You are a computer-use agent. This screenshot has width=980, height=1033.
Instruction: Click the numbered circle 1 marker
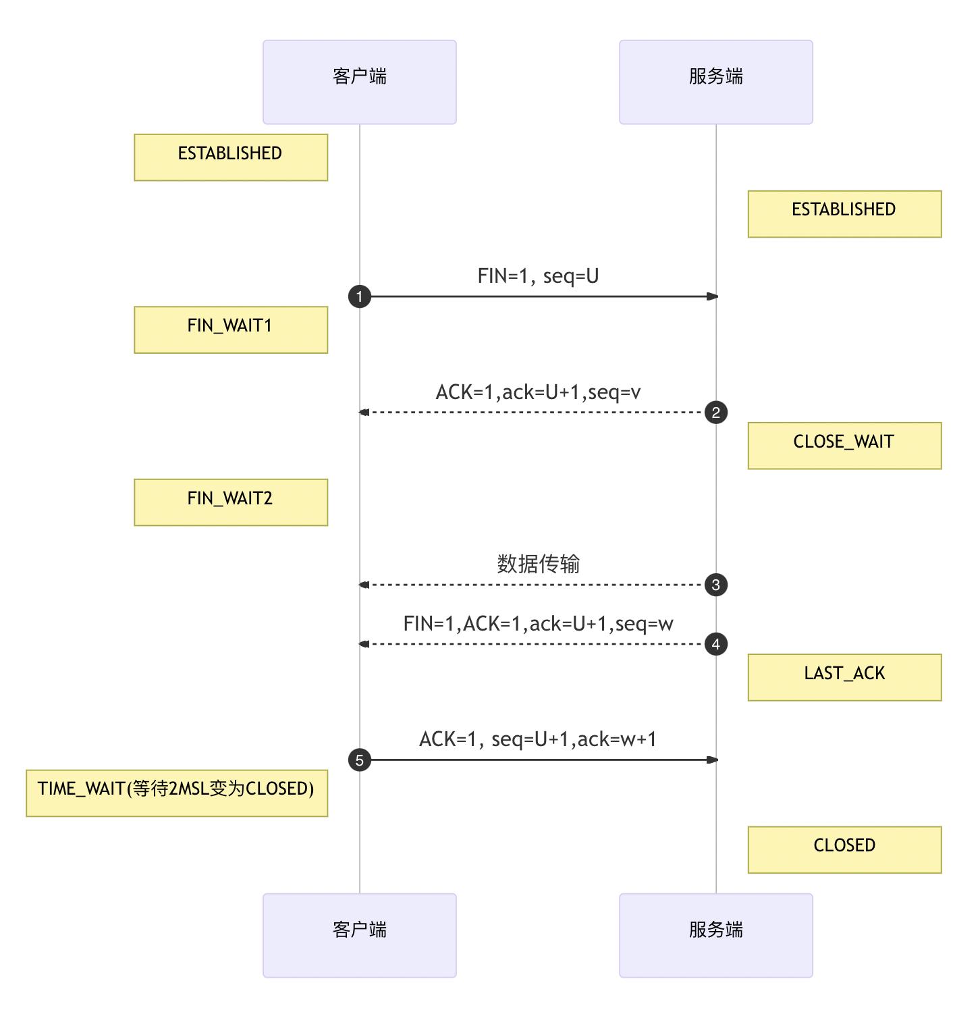pos(359,296)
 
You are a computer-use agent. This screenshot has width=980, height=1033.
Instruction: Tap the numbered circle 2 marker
pos(716,412)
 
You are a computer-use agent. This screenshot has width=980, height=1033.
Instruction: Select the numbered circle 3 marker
pos(716,585)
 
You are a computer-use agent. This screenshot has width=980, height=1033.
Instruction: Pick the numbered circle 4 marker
pos(716,644)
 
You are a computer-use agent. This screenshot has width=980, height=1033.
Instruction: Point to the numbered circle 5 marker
pos(359,760)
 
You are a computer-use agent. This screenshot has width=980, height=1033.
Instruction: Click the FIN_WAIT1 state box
pos(231,329)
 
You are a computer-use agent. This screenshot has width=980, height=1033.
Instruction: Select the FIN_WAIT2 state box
pos(231,502)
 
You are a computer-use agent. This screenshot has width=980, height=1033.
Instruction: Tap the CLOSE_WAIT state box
pos(844,446)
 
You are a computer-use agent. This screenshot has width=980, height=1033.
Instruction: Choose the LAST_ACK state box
pos(844,677)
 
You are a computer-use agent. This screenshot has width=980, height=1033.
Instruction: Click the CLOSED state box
pos(844,849)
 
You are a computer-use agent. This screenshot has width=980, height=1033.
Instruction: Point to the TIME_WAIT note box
pos(177,793)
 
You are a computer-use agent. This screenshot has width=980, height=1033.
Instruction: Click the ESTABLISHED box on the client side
pos(231,157)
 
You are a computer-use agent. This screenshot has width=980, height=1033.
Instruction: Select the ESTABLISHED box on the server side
pos(844,213)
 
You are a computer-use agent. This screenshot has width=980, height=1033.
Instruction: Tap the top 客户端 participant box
pos(359,82)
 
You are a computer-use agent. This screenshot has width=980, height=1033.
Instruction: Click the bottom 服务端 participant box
pos(716,935)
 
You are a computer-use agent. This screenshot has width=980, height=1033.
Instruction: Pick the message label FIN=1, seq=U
pos(538,275)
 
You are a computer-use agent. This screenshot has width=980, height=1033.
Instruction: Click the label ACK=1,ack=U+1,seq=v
pos(538,392)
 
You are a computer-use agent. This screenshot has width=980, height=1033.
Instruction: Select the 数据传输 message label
pos(538,564)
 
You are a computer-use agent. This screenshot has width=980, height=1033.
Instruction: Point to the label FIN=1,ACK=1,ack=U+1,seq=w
pos(538,623)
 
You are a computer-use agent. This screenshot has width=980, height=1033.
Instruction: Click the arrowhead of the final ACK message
pos(712,760)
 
